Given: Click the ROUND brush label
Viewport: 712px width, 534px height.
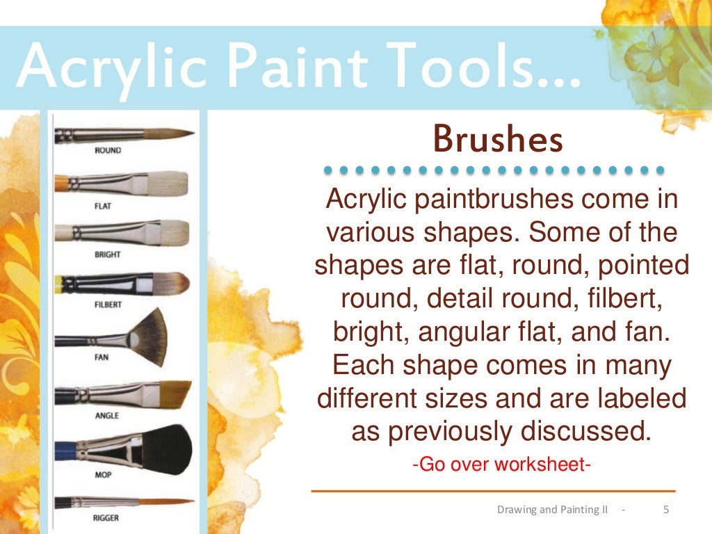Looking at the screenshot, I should point(107,150).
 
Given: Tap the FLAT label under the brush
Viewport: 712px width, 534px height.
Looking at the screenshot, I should point(103,206).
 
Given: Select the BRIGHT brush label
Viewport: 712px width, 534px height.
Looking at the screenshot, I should point(107,254).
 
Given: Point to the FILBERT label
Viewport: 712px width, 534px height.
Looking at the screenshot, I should point(108,305).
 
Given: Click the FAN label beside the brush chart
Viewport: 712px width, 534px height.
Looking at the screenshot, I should point(102,357).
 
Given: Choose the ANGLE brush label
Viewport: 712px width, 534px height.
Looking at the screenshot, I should point(106,416).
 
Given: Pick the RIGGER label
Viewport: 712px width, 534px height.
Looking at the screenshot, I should point(106,518).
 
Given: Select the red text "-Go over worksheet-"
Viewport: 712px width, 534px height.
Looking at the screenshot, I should point(501,464).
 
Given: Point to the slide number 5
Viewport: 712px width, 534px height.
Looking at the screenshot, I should point(666,510).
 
